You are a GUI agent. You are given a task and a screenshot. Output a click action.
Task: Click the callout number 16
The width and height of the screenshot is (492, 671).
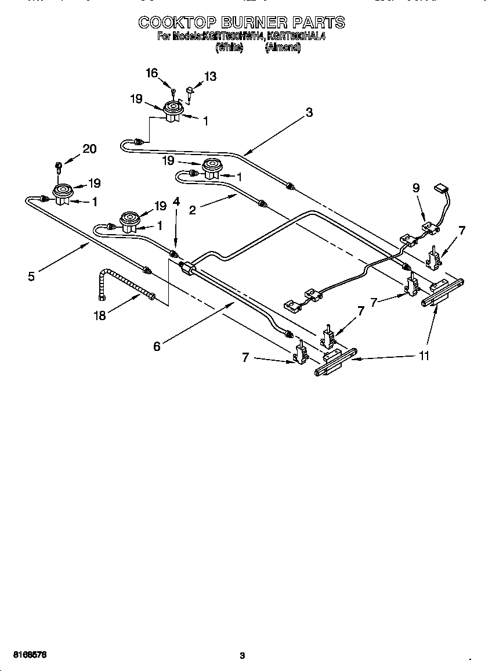click(x=151, y=73)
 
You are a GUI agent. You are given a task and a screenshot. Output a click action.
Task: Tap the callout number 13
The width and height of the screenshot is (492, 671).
click(x=210, y=76)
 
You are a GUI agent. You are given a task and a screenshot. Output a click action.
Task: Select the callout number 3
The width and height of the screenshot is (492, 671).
click(x=309, y=113)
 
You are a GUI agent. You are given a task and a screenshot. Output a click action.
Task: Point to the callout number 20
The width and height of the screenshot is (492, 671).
click(x=89, y=149)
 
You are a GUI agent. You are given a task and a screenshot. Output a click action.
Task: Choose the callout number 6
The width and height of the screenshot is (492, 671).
click(x=157, y=346)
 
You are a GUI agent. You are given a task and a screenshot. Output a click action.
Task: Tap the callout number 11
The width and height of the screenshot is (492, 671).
click(x=424, y=356)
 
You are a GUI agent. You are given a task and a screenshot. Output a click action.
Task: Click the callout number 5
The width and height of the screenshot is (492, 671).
click(x=31, y=277)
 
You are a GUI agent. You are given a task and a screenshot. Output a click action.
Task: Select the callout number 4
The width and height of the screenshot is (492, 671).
click(x=176, y=202)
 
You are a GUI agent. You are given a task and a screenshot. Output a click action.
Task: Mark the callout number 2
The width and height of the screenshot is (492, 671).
click(x=192, y=210)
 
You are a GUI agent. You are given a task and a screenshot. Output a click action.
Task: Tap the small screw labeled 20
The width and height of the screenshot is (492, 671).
click(x=58, y=166)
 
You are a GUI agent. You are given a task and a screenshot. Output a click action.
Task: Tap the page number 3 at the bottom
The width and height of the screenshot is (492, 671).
click(x=243, y=656)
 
